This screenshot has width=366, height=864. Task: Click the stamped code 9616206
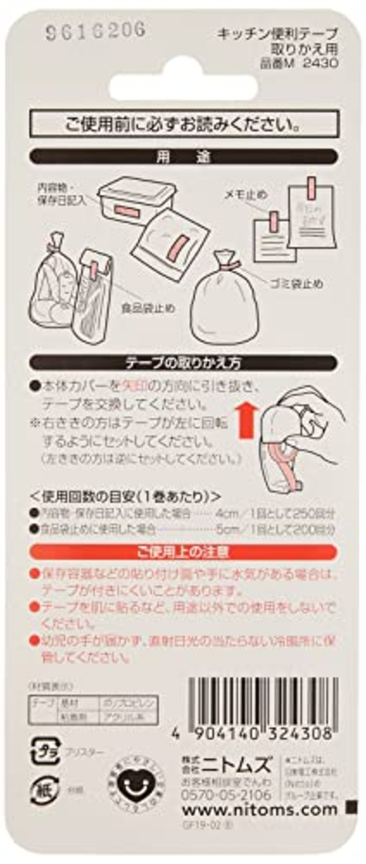[x=96, y=31]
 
